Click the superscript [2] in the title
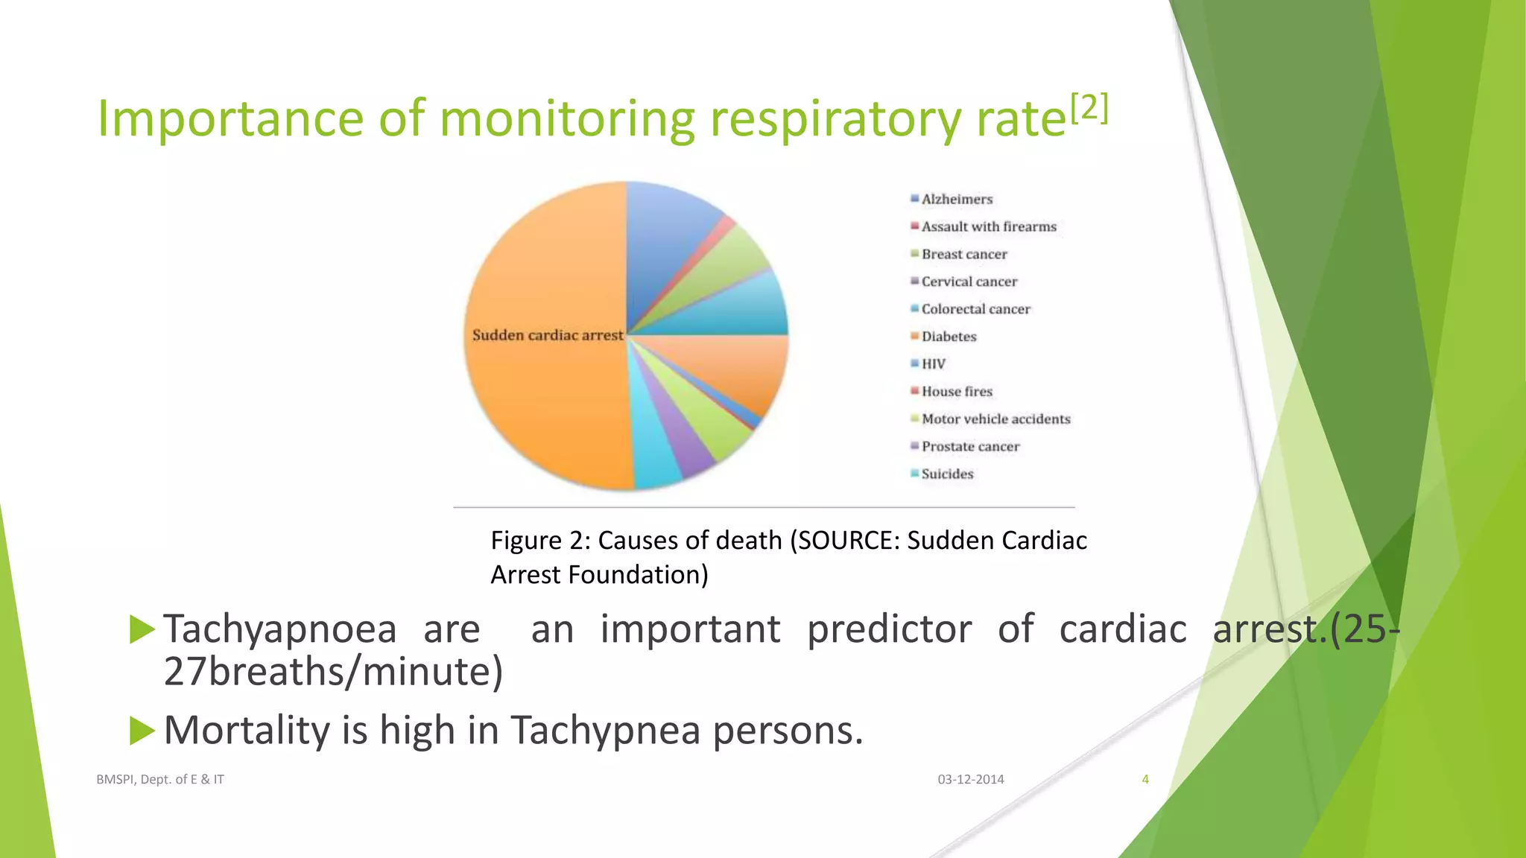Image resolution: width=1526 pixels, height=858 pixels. pos(1089,108)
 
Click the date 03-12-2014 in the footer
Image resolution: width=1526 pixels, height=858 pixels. pos(970,779)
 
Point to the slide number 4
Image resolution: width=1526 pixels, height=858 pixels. pos(1145,779)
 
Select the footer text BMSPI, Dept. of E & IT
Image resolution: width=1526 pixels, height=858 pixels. pos(160,779)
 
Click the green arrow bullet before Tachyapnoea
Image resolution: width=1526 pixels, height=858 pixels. pos(142,629)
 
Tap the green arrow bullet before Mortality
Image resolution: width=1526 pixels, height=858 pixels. pos(142,730)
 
